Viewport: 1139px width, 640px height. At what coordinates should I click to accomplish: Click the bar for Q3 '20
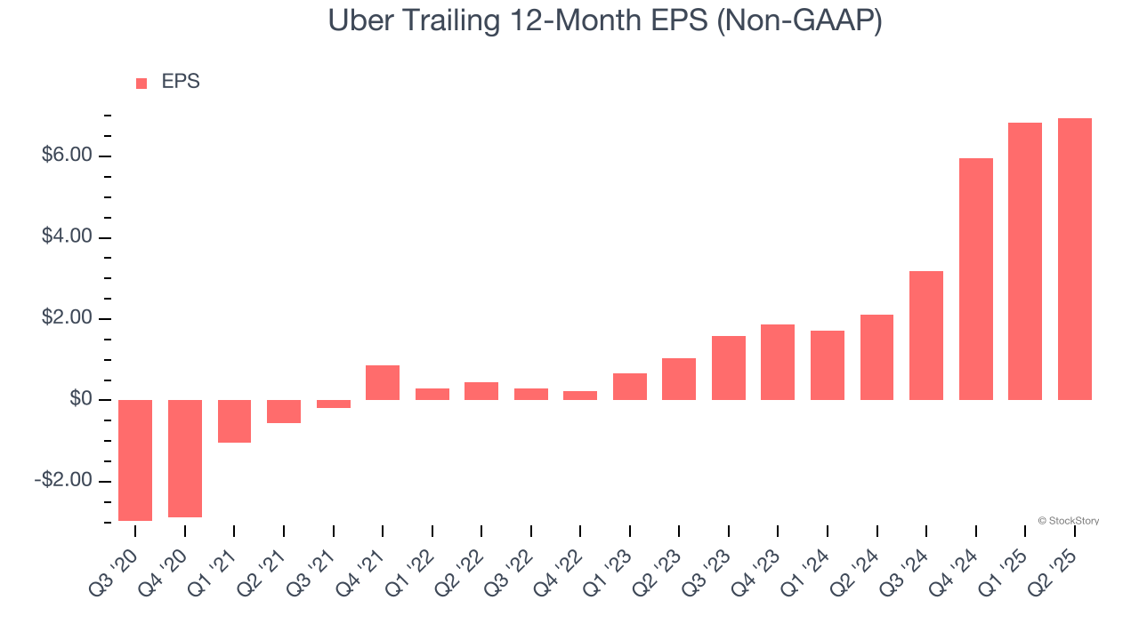pos(135,460)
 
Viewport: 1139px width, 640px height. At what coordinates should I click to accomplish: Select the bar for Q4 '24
pos(976,279)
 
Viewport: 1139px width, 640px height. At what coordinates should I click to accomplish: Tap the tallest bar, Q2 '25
pos(1075,259)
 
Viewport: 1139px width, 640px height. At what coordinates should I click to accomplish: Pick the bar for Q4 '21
pos(383,382)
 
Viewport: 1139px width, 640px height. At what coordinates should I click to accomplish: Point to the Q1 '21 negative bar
pos(234,420)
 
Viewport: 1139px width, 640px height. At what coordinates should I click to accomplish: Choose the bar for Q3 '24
pos(926,335)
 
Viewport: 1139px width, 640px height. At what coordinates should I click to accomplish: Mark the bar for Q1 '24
pos(828,365)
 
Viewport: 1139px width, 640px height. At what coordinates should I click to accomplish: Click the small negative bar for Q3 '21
pos(333,404)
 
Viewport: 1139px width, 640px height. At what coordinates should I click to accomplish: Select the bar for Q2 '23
pos(679,379)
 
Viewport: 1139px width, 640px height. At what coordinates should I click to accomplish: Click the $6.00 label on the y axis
pos(67,156)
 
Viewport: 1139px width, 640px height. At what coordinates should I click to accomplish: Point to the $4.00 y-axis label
pos(67,236)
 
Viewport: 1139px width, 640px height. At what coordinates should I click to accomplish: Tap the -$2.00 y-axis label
pos(63,480)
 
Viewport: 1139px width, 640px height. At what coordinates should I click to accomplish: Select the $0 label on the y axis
pos(81,399)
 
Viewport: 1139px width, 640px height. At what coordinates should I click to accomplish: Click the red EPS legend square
pos(141,84)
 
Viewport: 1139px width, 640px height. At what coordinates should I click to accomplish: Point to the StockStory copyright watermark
pos(1068,521)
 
